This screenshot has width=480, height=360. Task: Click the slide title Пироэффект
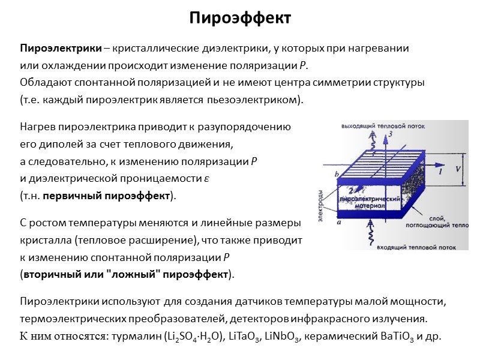coord(240,18)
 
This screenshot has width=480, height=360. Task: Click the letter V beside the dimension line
coord(458,169)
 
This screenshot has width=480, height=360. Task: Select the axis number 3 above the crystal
coord(391,135)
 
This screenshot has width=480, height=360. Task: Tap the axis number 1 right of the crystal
coord(441,172)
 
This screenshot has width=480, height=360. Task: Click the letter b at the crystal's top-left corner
coord(337,175)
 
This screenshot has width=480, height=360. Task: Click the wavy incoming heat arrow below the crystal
coord(372,231)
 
